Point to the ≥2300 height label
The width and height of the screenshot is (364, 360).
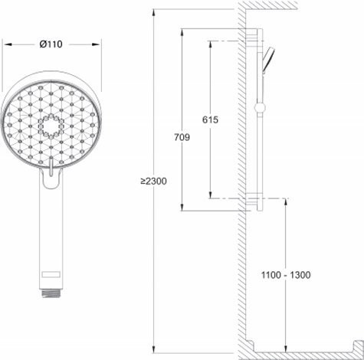(x=153, y=181)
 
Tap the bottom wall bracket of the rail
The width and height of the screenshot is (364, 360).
(x=253, y=202)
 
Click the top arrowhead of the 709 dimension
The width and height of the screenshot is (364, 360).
(x=182, y=31)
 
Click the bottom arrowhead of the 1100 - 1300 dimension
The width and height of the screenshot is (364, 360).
(x=286, y=348)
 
